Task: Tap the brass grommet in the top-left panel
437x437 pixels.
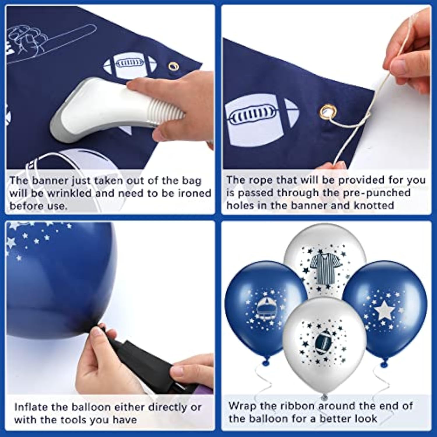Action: (174, 66)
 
